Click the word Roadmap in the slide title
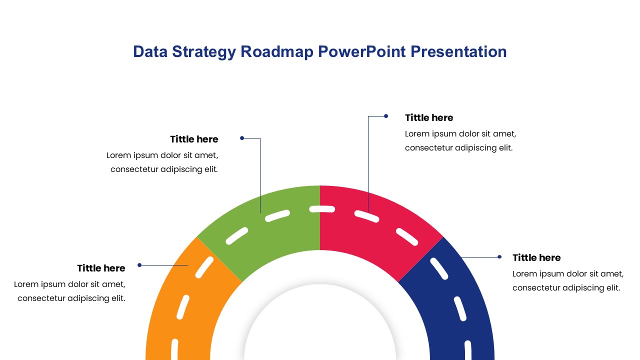click(276, 52)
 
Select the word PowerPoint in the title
click(361, 52)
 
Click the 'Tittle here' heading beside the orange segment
click(101, 268)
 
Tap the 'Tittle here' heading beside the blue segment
click(536, 257)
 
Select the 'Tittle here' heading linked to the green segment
click(194, 139)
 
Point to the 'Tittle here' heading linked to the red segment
click(429, 117)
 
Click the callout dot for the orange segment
click(139, 265)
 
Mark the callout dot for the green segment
click(242, 138)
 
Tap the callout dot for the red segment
click(386, 116)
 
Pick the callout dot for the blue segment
click(499, 257)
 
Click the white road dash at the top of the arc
click(322, 209)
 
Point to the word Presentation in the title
click(458, 52)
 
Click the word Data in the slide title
click(150, 52)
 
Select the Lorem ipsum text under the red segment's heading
click(460, 141)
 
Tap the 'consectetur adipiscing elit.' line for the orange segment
click(71, 298)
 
